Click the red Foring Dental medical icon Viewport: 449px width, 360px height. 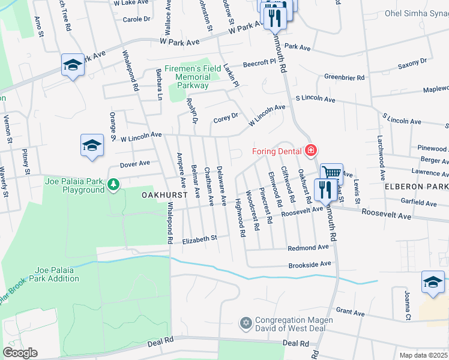311,150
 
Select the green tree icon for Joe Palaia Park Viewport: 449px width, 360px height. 112,182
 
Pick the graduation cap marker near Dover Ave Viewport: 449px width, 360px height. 92,145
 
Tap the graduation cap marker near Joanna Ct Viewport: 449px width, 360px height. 433,282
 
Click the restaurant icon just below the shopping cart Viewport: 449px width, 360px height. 325,190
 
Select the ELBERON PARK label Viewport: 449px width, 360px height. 417,187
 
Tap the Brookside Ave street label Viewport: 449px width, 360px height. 310,265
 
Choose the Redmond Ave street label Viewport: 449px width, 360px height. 309,248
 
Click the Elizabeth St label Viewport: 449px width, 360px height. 199,238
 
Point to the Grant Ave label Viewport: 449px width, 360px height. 351,313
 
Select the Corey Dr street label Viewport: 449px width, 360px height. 226,118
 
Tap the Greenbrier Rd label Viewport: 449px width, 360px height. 345,77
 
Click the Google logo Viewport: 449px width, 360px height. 20,353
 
